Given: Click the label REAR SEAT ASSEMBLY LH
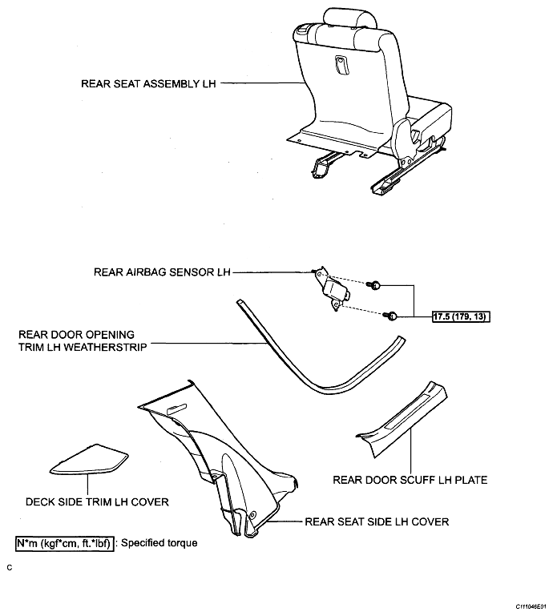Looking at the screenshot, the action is tap(148, 83).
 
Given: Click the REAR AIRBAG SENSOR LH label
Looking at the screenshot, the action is tap(162, 272).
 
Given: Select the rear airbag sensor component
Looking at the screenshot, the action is tap(332, 288).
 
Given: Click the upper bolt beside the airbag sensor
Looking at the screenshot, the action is tap(373, 285).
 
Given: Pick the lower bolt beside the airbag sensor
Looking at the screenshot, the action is tap(392, 315).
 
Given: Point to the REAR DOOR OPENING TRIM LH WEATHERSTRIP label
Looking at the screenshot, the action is tap(83, 341).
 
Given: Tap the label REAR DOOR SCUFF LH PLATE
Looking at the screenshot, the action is tap(410, 480).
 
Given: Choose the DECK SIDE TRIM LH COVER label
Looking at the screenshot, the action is tap(97, 502).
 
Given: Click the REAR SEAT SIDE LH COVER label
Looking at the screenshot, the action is tap(377, 521).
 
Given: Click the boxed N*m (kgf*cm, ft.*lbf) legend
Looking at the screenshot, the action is tap(65, 544).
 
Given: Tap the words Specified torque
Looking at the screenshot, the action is tap(159, 543).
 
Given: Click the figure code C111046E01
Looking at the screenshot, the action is tap(531, 606).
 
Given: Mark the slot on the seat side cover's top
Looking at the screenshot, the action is tap(179, 410).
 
